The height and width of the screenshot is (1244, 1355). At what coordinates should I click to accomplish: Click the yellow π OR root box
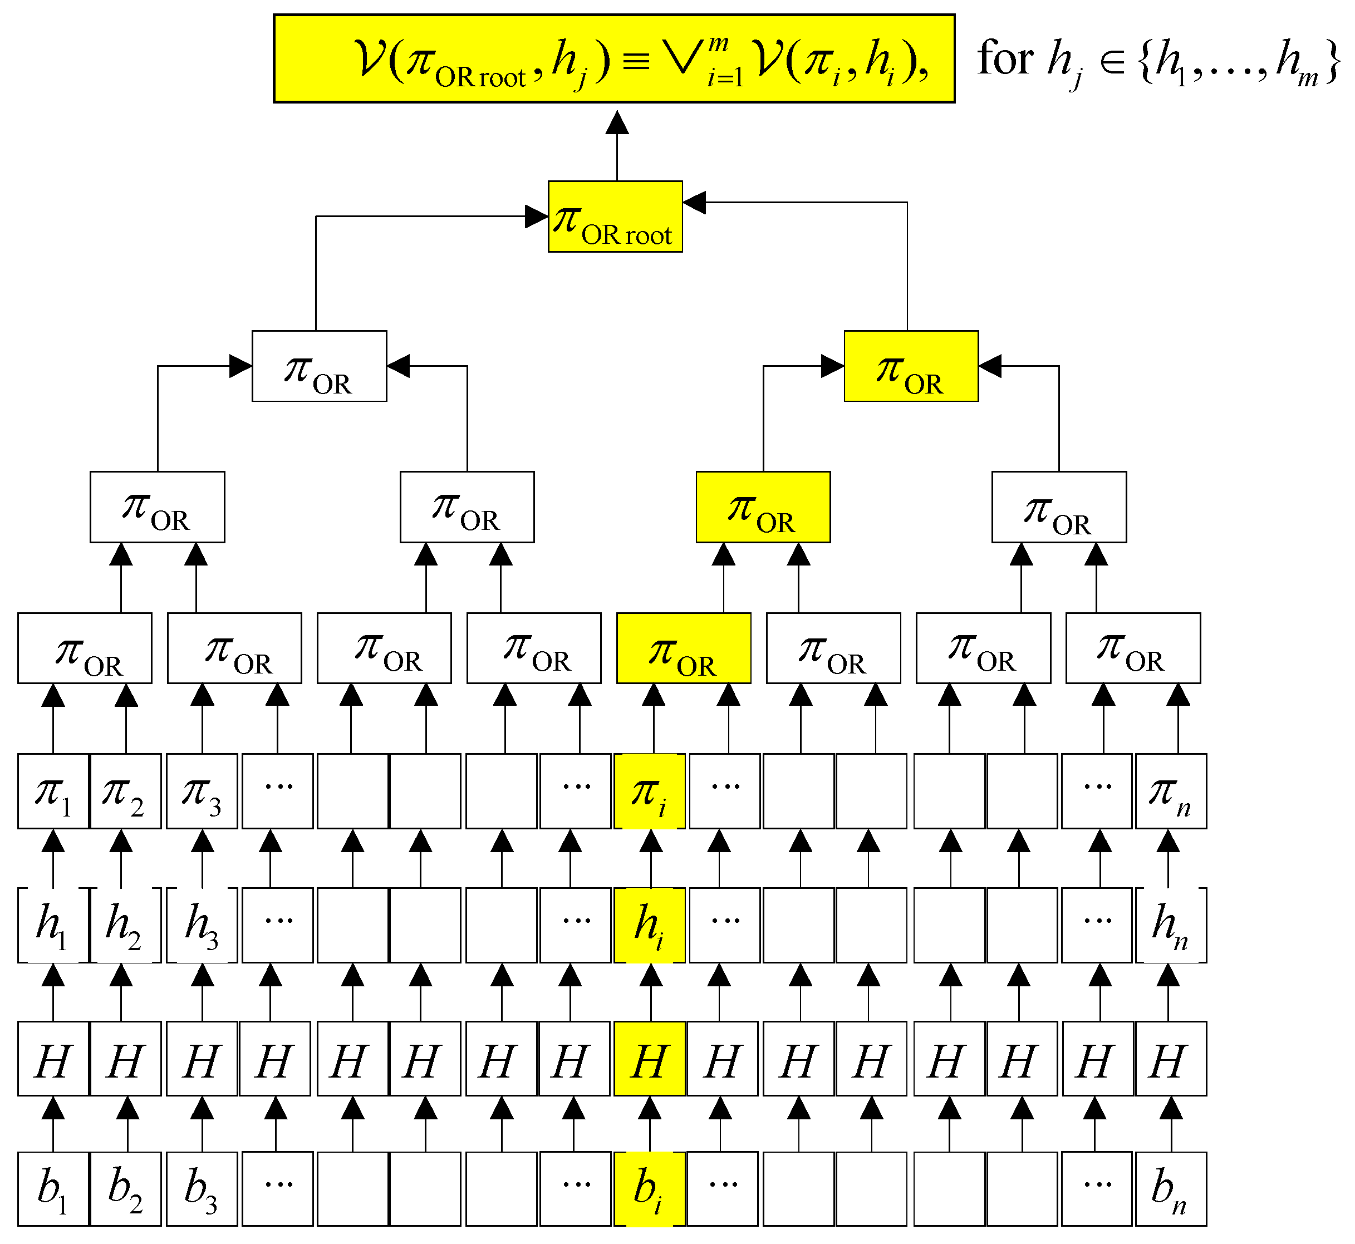[x=615, y=217]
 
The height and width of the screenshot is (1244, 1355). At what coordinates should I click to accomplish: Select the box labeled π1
[x=53, y=791]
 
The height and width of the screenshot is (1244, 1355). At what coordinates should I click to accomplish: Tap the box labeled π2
[x=126, y=791]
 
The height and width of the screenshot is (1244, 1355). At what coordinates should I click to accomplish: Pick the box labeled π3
[x=202, y=791]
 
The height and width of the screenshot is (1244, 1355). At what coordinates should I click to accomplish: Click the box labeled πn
[x=1171, y=791]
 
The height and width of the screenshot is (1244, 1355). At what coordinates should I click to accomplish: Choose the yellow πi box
[x=650, y=791]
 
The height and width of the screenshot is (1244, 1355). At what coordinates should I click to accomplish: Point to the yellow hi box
[x=650, y=925]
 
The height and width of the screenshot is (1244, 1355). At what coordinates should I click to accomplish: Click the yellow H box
[x=650, y=1059]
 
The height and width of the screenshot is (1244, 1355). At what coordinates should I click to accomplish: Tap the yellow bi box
[x=650, y=1189]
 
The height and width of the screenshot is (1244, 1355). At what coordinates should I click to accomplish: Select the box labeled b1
[x=53, y=1189]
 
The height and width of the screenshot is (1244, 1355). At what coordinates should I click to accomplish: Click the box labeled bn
[x=1171, y=1189]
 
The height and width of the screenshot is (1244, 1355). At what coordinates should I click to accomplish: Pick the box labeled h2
[x=126, y=925]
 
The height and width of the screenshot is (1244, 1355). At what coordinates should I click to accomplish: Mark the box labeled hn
[x=1171, y=925]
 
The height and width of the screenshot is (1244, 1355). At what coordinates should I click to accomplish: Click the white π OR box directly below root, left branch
[x=319, y=366]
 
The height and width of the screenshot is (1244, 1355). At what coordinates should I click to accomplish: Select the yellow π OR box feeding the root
[x=911, y=366]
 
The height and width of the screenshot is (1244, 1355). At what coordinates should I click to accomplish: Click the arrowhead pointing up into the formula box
[x=617, y=122]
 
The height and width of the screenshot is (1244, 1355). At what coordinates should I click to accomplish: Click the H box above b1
[x=53, y=1059]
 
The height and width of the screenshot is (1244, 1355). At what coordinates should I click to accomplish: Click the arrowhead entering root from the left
[x=537, y=217]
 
